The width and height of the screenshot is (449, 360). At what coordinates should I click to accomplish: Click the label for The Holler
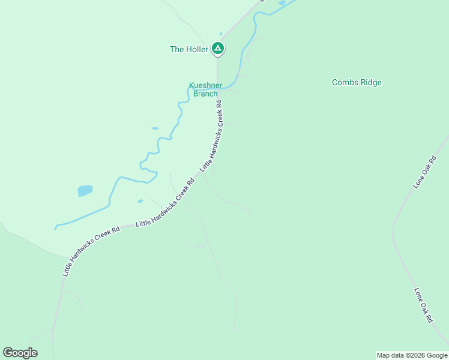189,49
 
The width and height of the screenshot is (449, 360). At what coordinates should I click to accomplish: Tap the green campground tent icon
218,49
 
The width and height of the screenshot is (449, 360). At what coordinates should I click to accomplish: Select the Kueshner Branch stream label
203,89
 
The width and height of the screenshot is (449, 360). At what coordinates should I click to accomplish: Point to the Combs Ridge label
357,83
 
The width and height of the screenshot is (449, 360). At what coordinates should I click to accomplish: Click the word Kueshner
203,86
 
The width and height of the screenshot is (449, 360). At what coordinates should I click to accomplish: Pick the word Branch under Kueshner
205,94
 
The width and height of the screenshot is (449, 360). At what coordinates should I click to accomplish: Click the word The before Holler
177,49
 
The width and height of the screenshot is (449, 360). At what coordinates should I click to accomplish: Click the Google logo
20,353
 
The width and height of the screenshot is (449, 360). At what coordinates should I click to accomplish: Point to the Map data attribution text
412,355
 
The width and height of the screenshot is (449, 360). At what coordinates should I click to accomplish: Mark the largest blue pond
85,191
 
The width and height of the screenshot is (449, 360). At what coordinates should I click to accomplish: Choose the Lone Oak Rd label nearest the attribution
423,305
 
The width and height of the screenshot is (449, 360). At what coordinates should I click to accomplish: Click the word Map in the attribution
383,355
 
